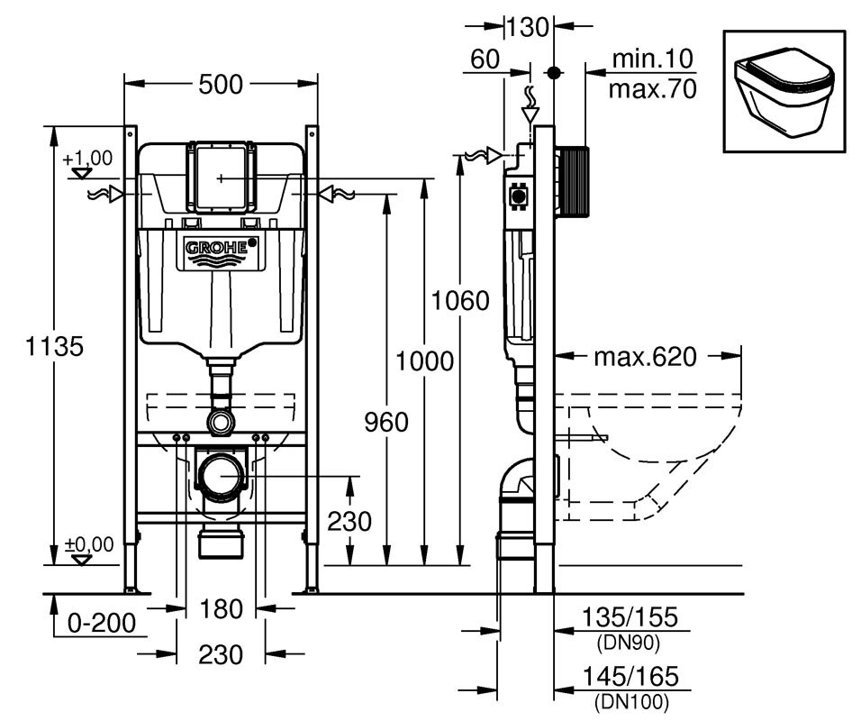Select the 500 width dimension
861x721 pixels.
pos(221,85)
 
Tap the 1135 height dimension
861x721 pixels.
pos(35,346)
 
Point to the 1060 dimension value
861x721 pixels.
pos(459,300)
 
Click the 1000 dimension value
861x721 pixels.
pos(423,361)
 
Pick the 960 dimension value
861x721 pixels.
pos(385,421)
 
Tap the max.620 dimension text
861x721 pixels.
pos(644,358)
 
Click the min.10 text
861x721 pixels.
pos(652,60)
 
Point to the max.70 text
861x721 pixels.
pos(652,88)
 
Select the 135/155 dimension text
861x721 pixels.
pos(629,618)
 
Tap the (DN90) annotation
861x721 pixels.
pos(629,643)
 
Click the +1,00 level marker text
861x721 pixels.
pos(87,158)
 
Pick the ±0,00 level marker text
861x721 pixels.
pos(87,543)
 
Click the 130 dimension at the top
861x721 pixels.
pos(527,28)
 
